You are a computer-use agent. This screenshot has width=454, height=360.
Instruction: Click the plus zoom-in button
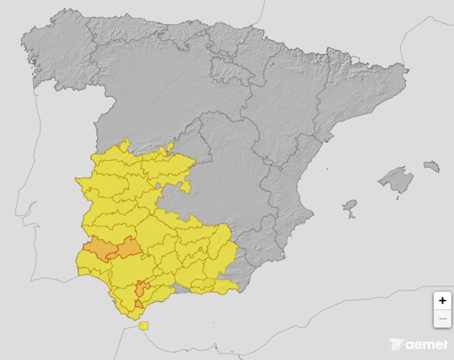(442, 301)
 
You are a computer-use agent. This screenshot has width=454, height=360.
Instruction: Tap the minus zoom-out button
(442, 318)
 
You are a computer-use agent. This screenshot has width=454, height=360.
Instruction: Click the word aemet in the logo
(427, 344)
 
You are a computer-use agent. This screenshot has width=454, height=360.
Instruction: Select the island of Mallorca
(396, 180)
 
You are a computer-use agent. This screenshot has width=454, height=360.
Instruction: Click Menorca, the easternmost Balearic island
(431, 167)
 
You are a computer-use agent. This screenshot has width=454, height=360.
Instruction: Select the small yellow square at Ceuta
(144, 326)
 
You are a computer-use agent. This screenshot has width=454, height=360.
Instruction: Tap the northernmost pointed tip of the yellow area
(128, 139)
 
